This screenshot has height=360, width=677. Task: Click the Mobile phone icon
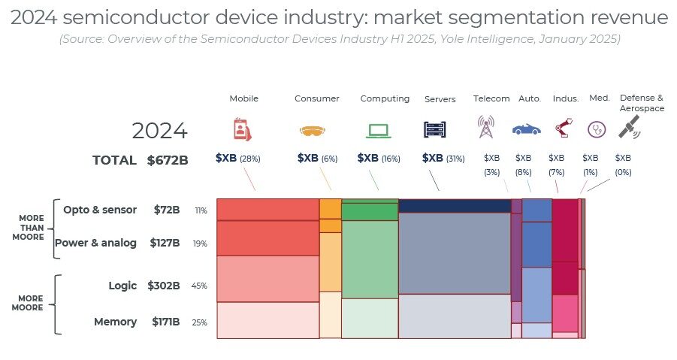pyautogui.click(x=242, y=129)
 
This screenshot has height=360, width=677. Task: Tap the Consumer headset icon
pyautogui.click(x=314, y=131)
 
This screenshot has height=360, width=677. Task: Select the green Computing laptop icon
pyautogui.click(x=378, y=130)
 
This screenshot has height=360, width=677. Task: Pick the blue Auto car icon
pyautogui.click(x=527, y=129)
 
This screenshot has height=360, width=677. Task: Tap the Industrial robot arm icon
pyautogui.click(x=562, y=128)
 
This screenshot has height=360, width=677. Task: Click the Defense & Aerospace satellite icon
pyautogui.click(x=629, y=127)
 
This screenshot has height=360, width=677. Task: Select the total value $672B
pyautogui.click(x=168, y=160)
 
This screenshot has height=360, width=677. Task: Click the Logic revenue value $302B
pyautogui.click(x=166, y=286)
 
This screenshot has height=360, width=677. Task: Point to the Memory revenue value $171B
pyautogui.click(x=166, y=322)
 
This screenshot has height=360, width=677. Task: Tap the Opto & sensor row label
pyautogui.click(x=100, y=210)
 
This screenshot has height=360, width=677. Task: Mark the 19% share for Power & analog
pyautogui.click(x=201, y=244)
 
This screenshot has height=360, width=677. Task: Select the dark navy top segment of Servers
pyautogui.click(x=454, y=206)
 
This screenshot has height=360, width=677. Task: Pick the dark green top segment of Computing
pyautogui.click(x=370, y=201)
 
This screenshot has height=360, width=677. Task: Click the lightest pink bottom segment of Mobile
pyautogui.click(x=267, y=320)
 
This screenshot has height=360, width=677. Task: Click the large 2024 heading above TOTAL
pyautogui.click(x=159, y=131)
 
